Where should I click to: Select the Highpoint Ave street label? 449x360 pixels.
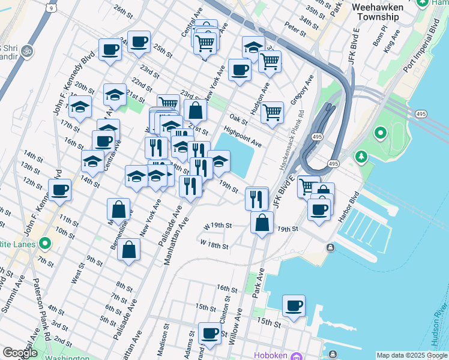click(243, 136)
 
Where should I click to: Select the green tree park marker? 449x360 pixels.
click(361, 157)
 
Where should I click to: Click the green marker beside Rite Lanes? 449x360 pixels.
click(44, 244)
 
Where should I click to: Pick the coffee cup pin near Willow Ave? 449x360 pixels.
click(210, 333)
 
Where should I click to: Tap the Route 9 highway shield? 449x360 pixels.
click(52, 8)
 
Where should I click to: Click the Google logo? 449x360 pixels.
click(20, 353)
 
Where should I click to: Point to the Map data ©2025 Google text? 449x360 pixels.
click(411, 355)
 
